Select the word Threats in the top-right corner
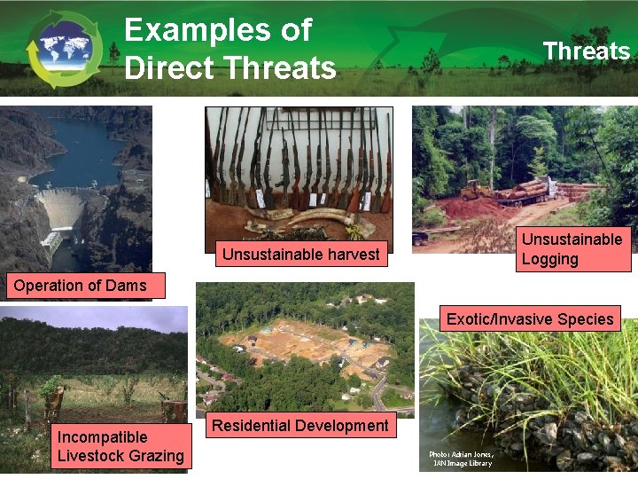click(587, 51)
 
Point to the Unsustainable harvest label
click(300, 255)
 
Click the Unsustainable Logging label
click(572, 249)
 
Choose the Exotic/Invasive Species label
click(530, 319)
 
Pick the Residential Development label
click(300, 426)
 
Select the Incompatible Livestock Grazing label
click(121, 446)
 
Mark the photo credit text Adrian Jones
click(461, 454)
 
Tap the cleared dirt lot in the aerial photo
click(292, 342)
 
